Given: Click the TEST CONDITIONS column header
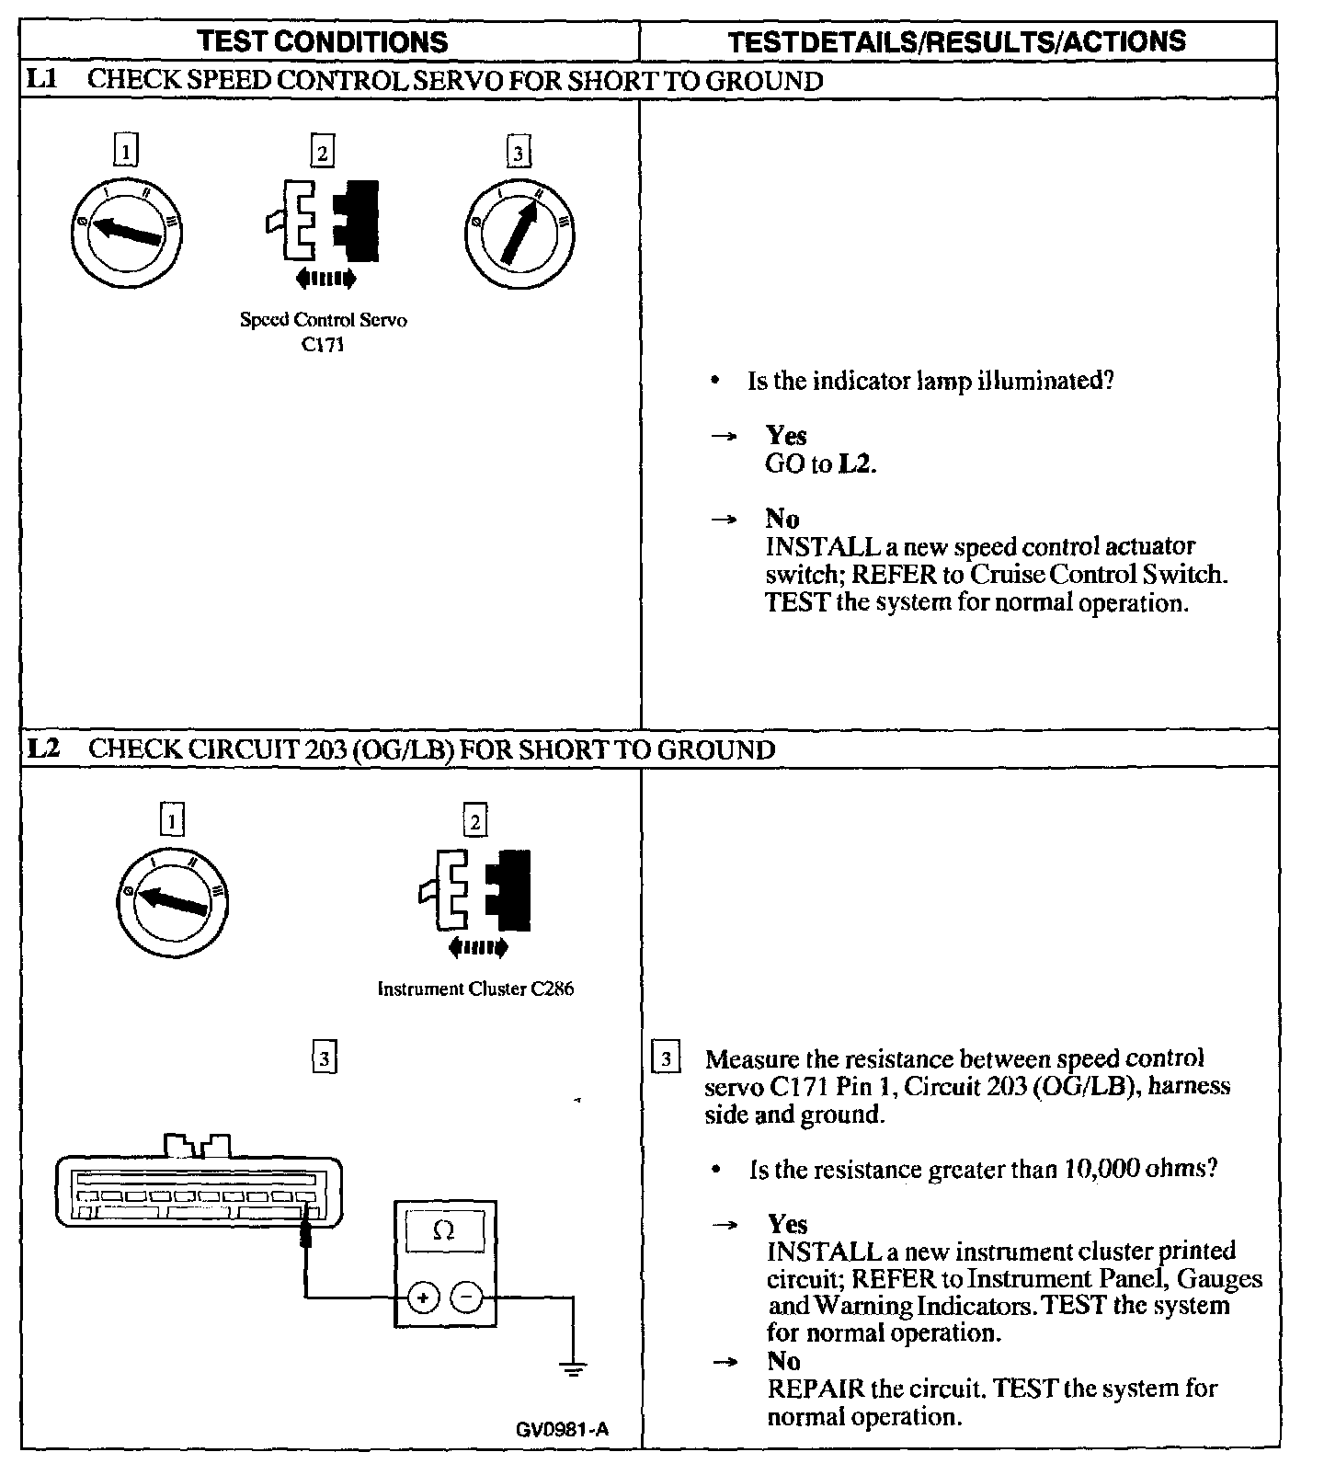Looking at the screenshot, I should (x=324, y=41).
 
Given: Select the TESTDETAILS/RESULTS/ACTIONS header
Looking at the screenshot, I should (x=956, y=41).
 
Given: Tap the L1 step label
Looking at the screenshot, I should (x=41, y=80).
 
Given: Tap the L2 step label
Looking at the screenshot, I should (x=43, y=749).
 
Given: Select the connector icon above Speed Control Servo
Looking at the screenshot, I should (x=323, y=221).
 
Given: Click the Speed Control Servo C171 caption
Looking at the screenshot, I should (x=323, y=332).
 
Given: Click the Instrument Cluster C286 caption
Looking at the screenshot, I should (x=475, y=989).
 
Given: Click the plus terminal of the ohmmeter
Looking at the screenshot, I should (x=423, y=1298).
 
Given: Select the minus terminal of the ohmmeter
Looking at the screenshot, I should (x=467, y=1298).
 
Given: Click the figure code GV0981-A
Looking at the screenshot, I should (x=562, y=1429).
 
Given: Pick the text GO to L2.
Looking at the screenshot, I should (x=820, y=463).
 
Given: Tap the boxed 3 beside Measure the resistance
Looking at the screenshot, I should (x=666, y=1058).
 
